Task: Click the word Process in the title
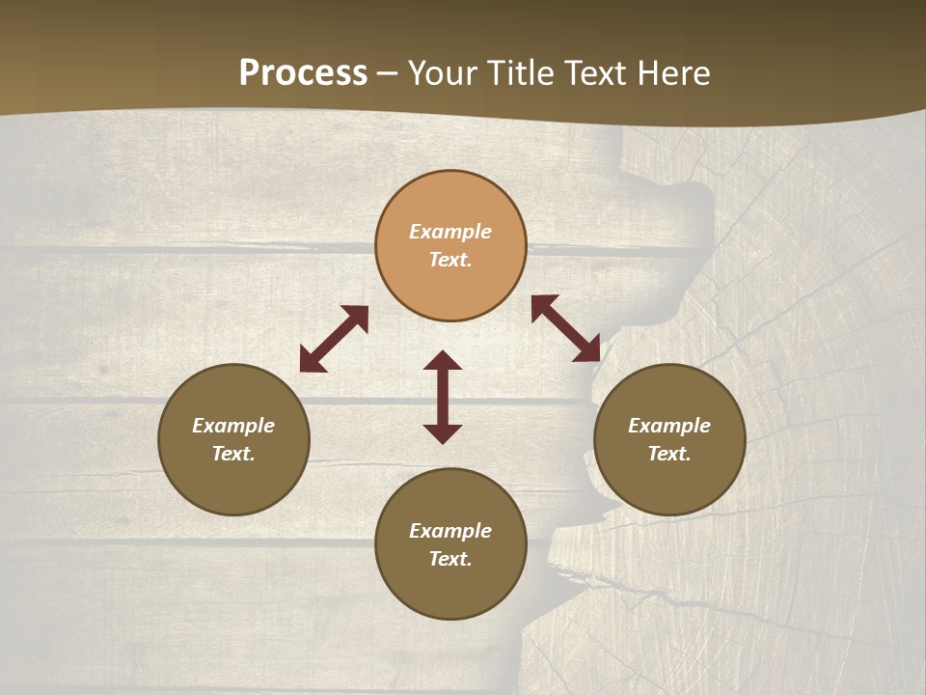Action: point(303,73)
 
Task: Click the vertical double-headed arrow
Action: point(443,397)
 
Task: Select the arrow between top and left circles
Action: point(334,339)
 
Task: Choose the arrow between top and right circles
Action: point(565,328)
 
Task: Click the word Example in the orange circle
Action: point(450,232)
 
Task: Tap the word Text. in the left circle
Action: point(233,454)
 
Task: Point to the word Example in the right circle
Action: point(669,426)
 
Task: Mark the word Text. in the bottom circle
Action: point(450,559)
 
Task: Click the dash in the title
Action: point(388,73)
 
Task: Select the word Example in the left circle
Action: point(233,426)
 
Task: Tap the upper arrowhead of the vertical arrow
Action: point(443,361)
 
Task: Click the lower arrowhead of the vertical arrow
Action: point(443,433)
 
